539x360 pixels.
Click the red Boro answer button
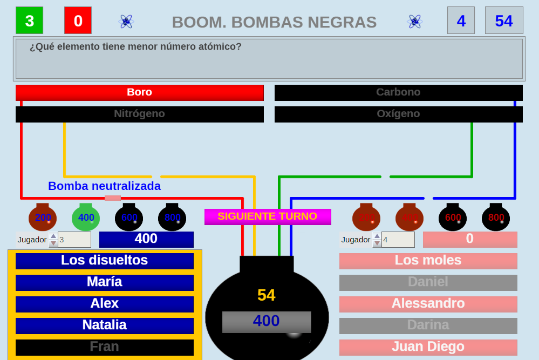(139, 92)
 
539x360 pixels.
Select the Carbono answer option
(398, 92)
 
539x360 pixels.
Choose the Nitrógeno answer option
(139, 114)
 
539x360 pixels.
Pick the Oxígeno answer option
(398, 114)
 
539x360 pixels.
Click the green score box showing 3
(29, 21)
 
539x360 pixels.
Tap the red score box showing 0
(78, 21)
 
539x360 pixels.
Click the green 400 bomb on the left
(86, 218)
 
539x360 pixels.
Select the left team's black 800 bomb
(172, 218)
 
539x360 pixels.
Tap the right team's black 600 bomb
(453, 218)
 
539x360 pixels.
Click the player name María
(104, 282)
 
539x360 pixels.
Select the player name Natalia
(104, 325)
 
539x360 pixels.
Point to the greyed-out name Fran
(104, 347)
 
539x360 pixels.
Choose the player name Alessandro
(428, 304)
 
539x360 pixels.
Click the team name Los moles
(428, 261)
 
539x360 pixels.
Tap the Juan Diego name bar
(428, 347)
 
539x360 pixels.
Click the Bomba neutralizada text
(104, 186)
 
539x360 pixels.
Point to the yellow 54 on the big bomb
(266, 295)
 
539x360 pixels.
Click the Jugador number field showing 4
(398, 240)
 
